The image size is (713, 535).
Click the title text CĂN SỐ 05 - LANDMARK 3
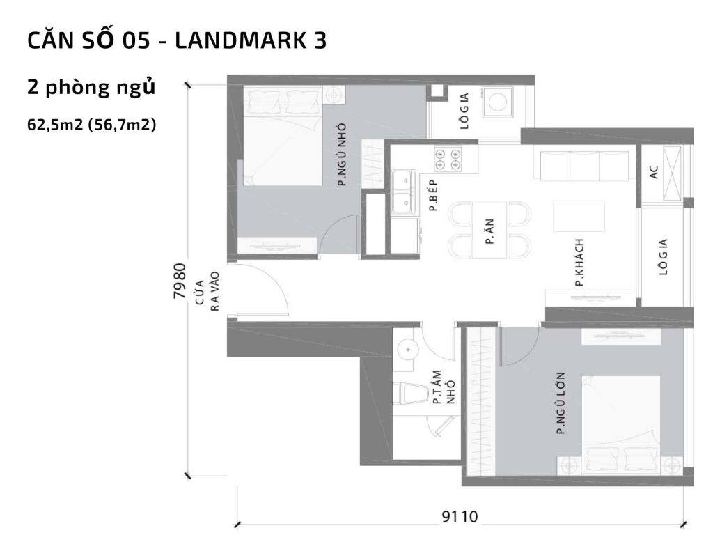coord(177,41)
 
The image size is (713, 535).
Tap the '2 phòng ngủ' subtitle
coord(91,88)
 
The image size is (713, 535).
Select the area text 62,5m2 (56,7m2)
coord(91,125)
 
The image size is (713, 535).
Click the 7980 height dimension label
coord(179,281)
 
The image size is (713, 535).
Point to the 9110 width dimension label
coord(460,516)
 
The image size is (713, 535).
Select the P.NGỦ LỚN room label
coord(561,404)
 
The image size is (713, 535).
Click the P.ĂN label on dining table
coord(489,230)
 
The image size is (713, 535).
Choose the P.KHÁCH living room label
coord(579,263)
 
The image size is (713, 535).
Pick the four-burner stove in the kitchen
coord(448,160)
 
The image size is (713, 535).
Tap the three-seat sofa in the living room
coord(584,166)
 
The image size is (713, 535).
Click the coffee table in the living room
coord(579,216)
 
